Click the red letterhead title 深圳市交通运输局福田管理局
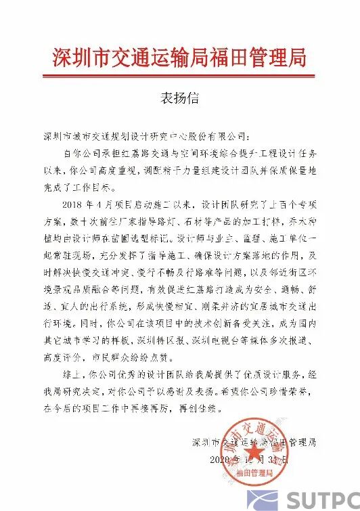click(x=179, y=57)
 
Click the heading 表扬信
click(x=179, y=98)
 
